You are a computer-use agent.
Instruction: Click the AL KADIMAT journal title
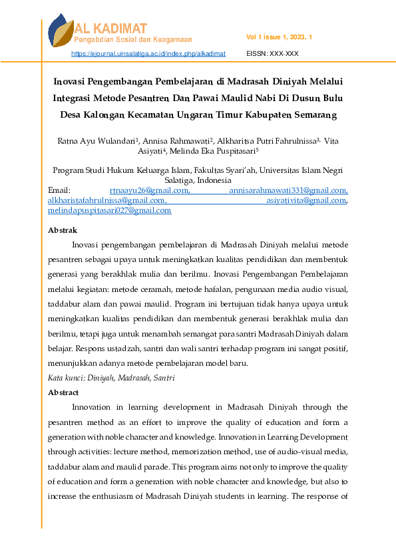click(111, 28)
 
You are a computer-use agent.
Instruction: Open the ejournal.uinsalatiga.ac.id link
click(148, 53)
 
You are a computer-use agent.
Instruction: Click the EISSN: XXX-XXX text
click(272, 53)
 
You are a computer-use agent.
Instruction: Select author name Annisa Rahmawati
click(175, 140)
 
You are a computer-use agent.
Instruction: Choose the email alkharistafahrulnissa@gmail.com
click(106, 200)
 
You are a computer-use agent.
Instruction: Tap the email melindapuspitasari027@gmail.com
click(109, 210)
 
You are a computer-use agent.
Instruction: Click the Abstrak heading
click(63, 230)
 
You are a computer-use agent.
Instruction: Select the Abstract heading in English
click(63, 392)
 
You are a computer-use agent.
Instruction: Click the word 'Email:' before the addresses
click(60, 191)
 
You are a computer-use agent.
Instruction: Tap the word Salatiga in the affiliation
click(180, 180)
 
